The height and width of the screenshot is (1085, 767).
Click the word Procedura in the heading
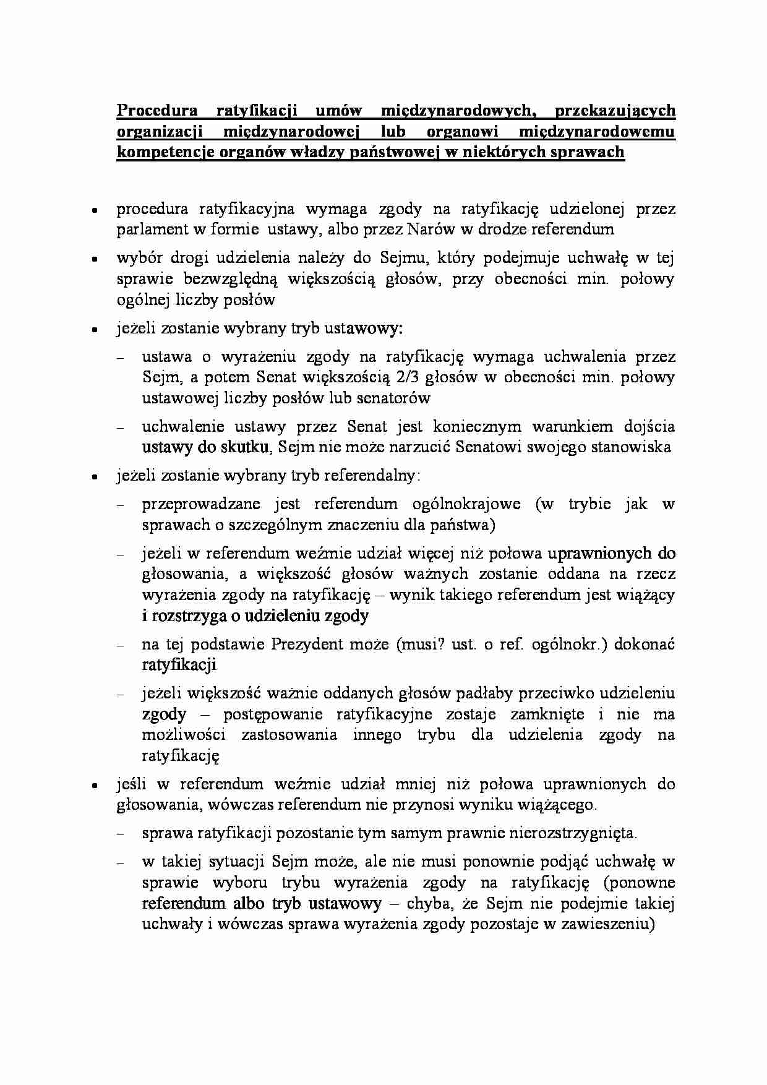pyautogui.click(x=157, y=111)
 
